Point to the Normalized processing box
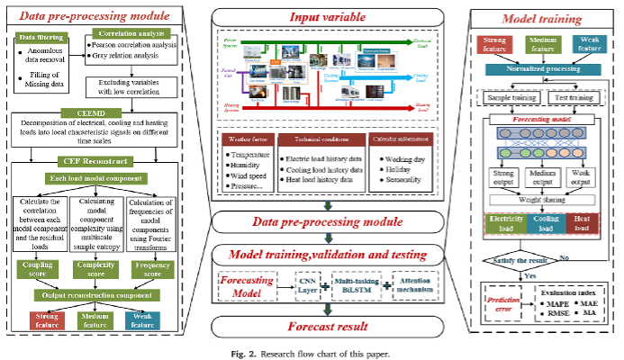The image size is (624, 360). click(x=547, y=67)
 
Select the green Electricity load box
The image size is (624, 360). click(x=502, y=223)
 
